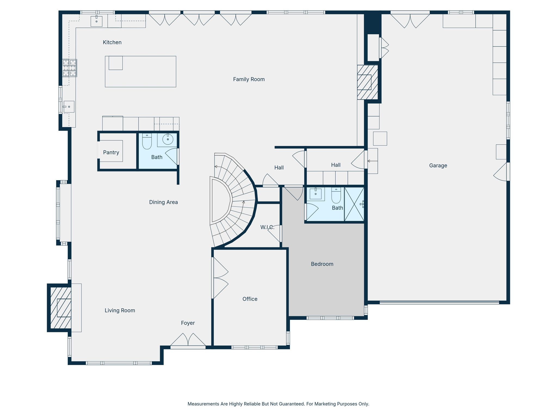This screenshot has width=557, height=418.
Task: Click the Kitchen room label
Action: (112, 42)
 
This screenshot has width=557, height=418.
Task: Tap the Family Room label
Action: (249, 79)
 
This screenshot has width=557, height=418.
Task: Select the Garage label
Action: (438, 166)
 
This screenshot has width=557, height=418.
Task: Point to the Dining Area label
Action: (163, 202)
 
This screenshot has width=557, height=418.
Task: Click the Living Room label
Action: (120, 311)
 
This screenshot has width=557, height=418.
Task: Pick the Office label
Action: (250, 299)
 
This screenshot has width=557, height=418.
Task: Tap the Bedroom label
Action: (322, 264)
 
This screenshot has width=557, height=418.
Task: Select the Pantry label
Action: (111, 152)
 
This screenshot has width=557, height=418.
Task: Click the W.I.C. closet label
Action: (267, 227)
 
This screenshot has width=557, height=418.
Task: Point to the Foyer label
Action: (188, 323)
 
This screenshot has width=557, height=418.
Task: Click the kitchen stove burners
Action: (70, 68)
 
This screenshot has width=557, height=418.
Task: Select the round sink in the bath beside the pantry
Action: (168, 139)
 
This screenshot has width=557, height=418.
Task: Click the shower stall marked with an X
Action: (354, 204)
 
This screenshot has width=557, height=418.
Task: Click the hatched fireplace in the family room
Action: (367, 82)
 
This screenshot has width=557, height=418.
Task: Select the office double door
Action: (220, 278)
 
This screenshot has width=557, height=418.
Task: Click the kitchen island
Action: (141, 72)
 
